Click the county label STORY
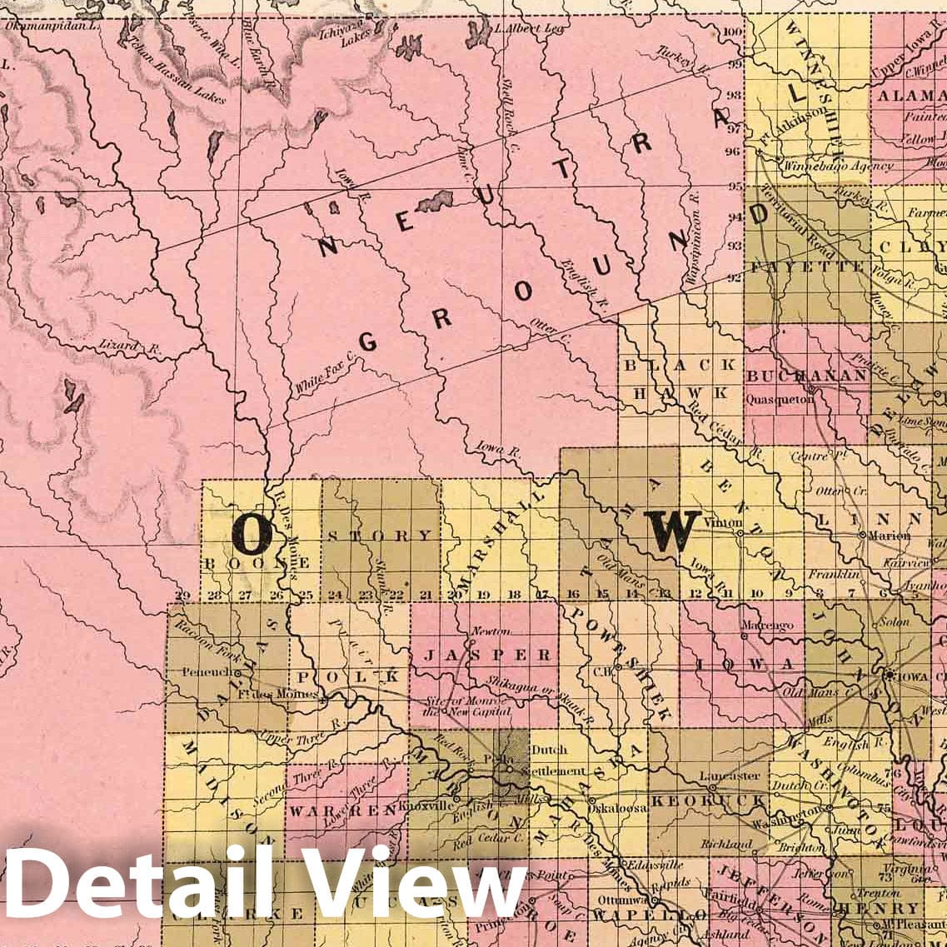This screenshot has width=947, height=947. click(x=380, y=536)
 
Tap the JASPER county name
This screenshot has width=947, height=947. click(x=488, y=655)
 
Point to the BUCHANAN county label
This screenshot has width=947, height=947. click(x=806, y=376)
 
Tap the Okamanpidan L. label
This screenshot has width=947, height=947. click(x=52, y=26)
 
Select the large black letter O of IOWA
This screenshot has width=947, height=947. click(x=252, y=534)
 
